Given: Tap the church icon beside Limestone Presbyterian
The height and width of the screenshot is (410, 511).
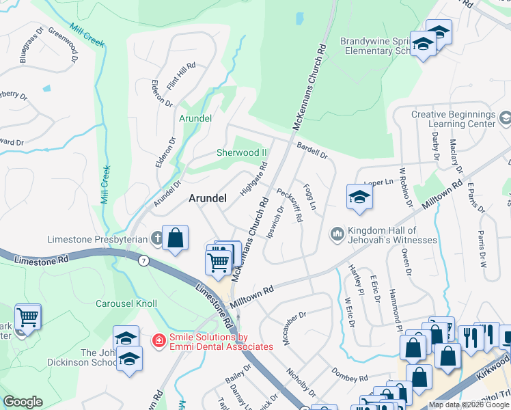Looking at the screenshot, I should click(x=156, y=238).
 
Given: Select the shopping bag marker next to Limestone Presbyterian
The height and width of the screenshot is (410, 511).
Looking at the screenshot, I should click(x=176, y=238).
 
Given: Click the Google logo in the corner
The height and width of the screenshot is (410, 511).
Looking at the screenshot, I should click(x=23, y=402).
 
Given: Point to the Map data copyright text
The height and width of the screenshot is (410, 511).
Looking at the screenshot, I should click(x=469, y=405).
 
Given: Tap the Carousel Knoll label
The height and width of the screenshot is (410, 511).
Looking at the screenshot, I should click(x=126, y=303).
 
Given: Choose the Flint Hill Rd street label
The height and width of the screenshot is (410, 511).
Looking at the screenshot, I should click(x=181, y=76).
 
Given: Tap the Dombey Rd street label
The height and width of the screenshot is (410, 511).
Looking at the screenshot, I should click(x=350, y=374).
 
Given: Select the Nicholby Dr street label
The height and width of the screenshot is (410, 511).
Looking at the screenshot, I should click(x=301, y=382).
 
